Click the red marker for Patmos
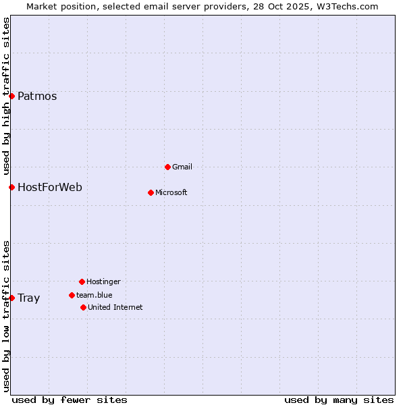11,96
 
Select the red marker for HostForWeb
11,187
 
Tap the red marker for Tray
11,298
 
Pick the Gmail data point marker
167,167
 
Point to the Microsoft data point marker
151,192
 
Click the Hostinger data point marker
82,281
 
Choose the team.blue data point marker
72,295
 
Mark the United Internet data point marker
83,307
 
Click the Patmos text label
37,96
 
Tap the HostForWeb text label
50,187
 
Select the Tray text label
29,298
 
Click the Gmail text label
182,167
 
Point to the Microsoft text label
171,192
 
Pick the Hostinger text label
103,281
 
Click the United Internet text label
115,307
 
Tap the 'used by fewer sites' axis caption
70,400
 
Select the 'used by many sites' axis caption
339,400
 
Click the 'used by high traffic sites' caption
7,97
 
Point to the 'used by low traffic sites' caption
7,315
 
